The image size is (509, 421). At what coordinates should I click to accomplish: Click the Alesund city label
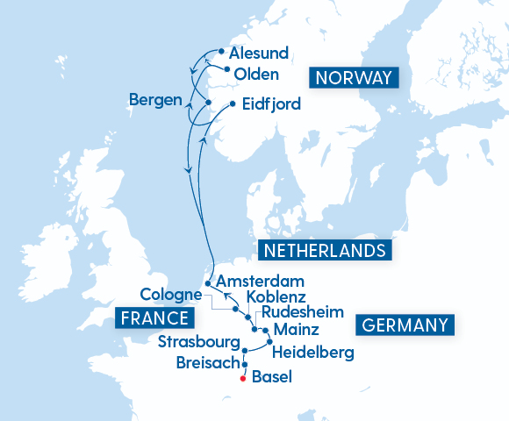[259, 54]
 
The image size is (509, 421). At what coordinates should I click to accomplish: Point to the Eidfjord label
[271, 104]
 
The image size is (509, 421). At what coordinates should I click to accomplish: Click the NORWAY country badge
[353, 77]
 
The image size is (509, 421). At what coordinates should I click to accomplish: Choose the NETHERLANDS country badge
[324, 251]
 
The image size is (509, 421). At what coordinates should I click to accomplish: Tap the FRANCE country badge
[154, 318]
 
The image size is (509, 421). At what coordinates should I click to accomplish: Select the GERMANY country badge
[405, 325]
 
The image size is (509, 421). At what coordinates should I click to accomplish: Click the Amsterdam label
[260, 282]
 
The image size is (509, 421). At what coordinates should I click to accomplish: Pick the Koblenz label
[276, 298]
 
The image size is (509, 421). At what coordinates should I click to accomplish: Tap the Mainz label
[297, 331]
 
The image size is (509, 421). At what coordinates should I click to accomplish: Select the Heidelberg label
[313, 353]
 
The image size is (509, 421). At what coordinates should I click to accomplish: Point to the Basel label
[270, 378]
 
